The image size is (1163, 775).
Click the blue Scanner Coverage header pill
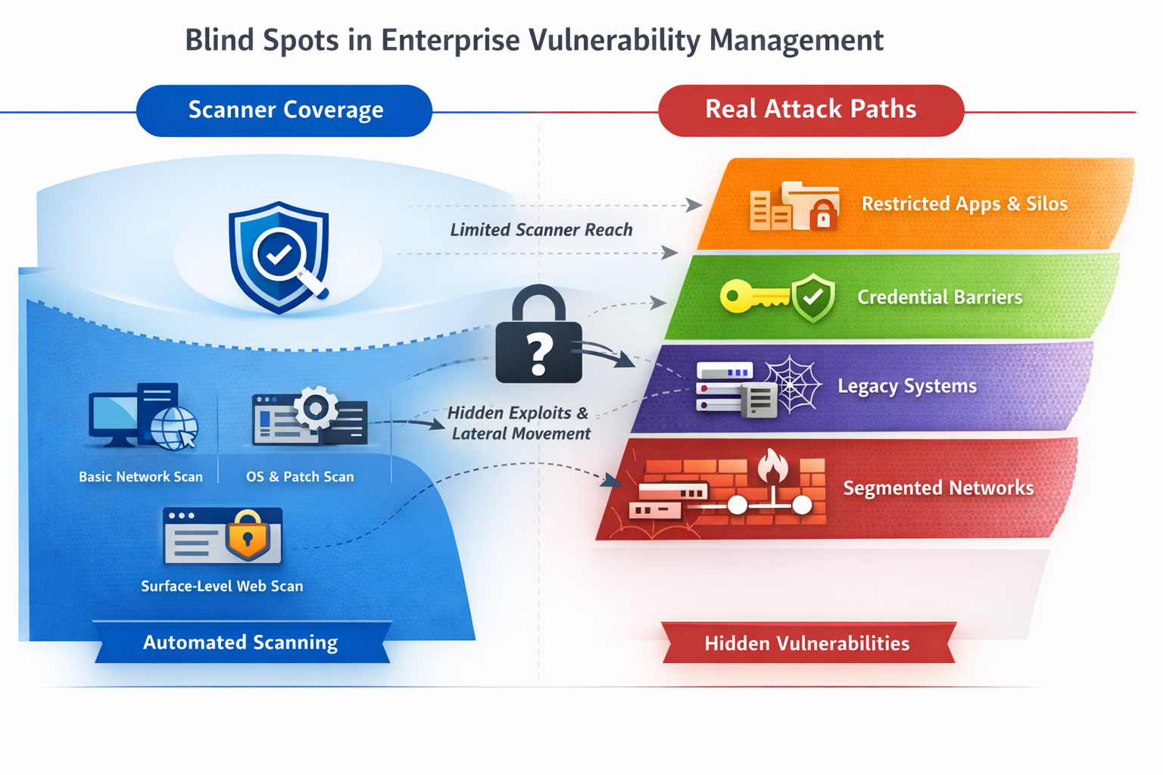point(285,110)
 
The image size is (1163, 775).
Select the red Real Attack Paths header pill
point(810,110)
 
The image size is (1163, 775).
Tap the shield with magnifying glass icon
point(279,257)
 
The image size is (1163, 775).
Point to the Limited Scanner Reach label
point(541,230)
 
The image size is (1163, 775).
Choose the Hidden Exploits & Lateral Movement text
point(519,423)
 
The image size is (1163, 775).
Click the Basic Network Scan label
point(141,477)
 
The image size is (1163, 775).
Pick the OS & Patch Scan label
point(300,477)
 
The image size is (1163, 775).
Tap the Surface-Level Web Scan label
point(222,586)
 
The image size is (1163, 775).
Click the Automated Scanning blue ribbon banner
point(241,643)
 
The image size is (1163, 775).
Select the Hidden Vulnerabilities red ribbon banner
point(807,643)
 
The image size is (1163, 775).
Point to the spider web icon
point(792,384)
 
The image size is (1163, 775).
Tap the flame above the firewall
point(772,465)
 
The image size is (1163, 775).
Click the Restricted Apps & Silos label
point(964,204)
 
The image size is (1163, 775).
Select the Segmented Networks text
point(938,488)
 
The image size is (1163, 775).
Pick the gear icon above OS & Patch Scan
point(316,409)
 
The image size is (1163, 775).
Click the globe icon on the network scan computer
point(173,429)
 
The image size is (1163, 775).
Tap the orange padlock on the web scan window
point(248,535)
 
